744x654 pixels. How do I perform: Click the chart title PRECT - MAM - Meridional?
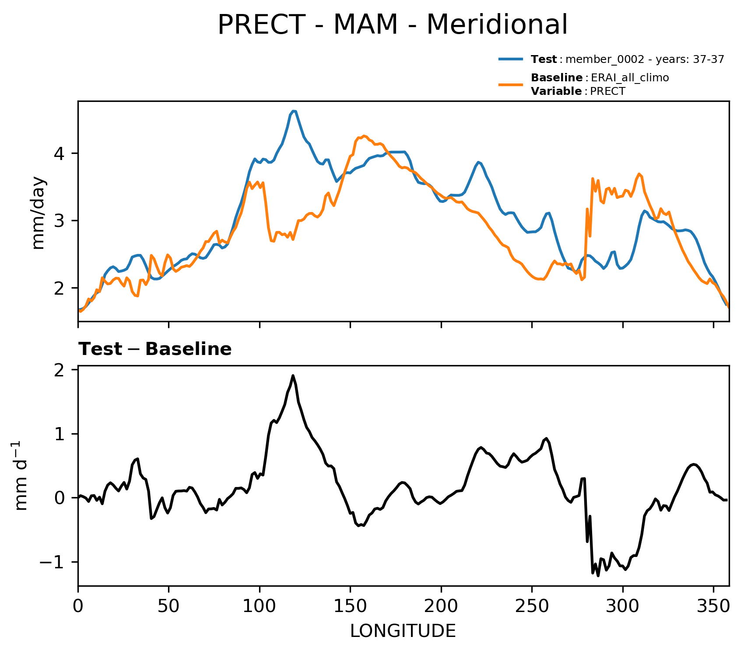click(393, 25)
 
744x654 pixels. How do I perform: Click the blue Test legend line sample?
click(511, 59)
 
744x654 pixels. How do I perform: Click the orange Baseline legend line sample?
click(511, 84)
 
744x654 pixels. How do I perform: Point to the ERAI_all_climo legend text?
click(629, 78)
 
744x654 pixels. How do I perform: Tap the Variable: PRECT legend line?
click(578, 91)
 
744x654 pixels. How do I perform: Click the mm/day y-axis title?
click(39, 212)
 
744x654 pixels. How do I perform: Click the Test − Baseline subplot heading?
click(155, 349)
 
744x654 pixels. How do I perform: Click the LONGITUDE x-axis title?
click(403, 631)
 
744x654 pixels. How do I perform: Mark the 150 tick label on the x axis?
click(350, 606)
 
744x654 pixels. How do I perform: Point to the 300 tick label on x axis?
click(623, 606)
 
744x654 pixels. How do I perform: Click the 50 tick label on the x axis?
click(168, 606)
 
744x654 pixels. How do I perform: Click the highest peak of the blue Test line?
click(294, 111)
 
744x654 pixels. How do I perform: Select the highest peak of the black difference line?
click(293, 376)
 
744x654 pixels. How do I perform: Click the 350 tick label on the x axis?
click(713, 606)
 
